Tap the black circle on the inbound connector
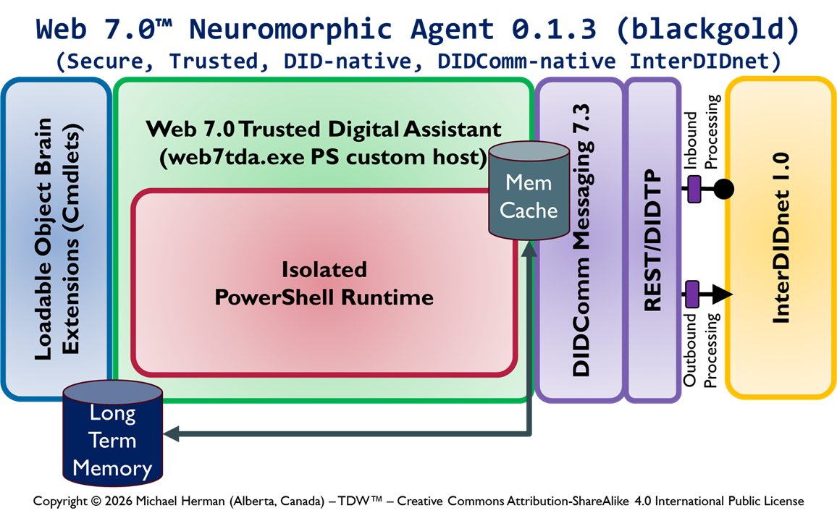[723, 190]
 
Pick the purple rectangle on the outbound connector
[692, 294]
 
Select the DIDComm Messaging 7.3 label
[581, 240]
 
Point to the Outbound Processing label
[700, 350]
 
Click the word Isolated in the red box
[324, 270]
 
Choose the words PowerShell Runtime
[324, 297]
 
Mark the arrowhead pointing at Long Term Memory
[172, 434]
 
